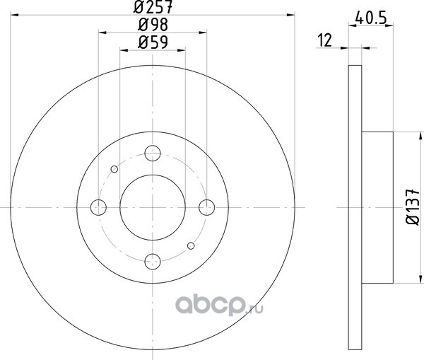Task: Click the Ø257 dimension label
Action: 153,7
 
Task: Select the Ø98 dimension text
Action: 153,25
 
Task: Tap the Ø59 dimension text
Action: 153,42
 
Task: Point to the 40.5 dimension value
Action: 370,18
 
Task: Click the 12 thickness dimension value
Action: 324,40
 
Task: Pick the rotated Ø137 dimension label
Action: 413,207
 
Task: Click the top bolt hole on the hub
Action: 153,153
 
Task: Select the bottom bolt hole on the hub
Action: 153,262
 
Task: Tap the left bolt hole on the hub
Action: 98,207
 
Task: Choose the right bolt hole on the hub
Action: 207,207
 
